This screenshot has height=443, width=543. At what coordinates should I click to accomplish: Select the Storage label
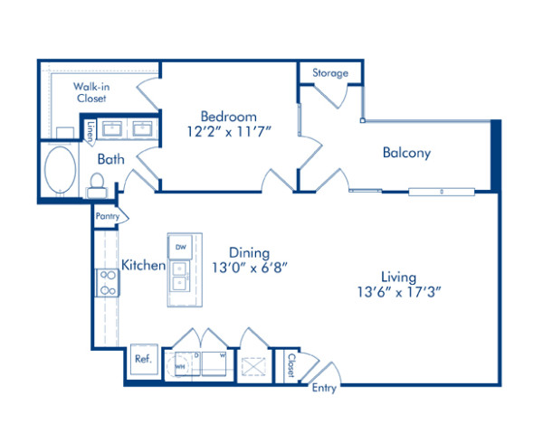330,73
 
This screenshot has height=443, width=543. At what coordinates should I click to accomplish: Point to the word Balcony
405,153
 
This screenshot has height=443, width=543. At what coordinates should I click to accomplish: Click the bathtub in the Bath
61,170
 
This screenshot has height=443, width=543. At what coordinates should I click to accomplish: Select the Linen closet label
90,132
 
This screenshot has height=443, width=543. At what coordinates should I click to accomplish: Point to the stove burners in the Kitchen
108,284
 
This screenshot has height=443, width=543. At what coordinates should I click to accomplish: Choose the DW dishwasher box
179,247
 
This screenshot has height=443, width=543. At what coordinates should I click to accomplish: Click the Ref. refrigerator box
142,358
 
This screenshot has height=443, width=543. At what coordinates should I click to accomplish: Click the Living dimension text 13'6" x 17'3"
398,292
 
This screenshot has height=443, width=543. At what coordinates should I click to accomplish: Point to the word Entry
323,389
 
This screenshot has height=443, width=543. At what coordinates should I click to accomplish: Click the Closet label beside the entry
290,363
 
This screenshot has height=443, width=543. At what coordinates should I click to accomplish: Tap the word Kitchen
143,265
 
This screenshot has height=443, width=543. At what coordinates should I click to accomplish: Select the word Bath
111,159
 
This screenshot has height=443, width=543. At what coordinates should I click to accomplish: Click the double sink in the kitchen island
179,277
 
